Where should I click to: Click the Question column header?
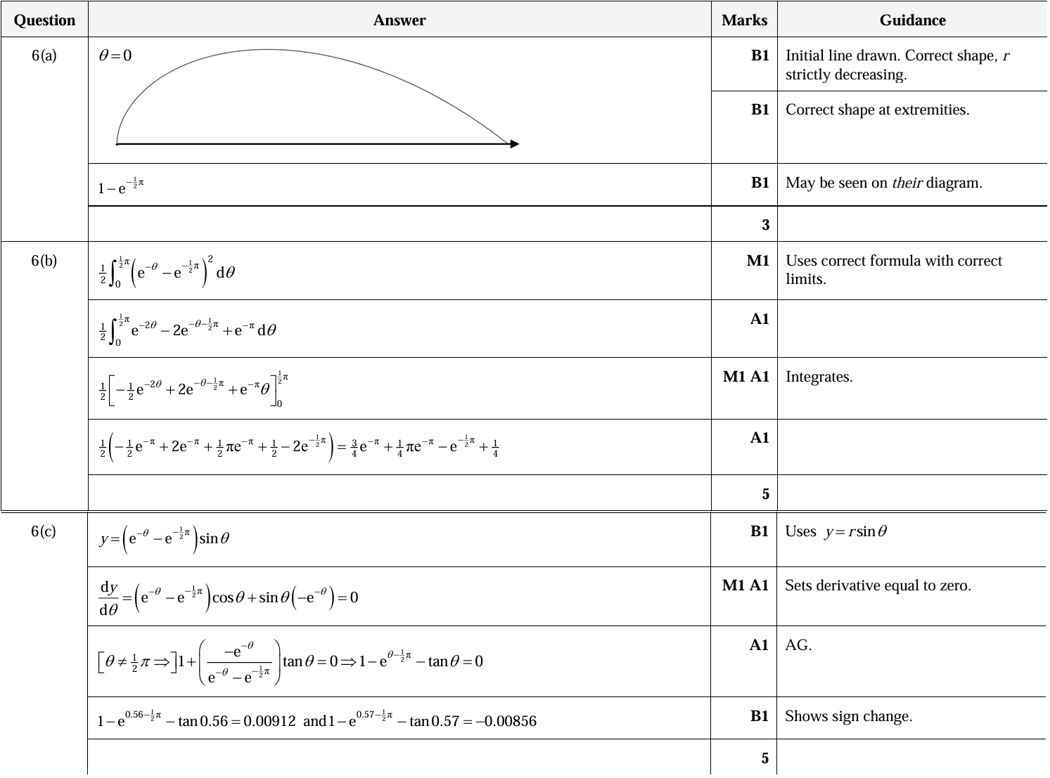coord(44,20)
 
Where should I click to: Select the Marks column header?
coord(744,20)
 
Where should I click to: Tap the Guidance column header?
coord(912,20)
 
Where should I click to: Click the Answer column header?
coord(399,20)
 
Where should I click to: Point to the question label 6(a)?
coord(44,56)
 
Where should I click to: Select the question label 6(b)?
coord(44,261)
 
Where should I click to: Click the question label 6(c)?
coord(44,531)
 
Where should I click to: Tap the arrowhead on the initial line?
coord(515,144)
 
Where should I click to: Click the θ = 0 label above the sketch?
coord(115,56)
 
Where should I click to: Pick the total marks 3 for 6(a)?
coord(765,225)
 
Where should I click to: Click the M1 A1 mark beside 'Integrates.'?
coord(745,377)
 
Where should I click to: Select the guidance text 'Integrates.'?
coord(819,377)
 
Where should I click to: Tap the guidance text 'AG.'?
coord(798,645)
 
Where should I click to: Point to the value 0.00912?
coord(269,721)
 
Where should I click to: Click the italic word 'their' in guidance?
coord(907,183)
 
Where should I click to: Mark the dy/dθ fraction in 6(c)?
coord(109,598)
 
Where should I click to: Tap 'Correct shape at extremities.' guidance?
coord(877,110)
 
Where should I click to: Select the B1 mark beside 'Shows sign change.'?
coord(760,716)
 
